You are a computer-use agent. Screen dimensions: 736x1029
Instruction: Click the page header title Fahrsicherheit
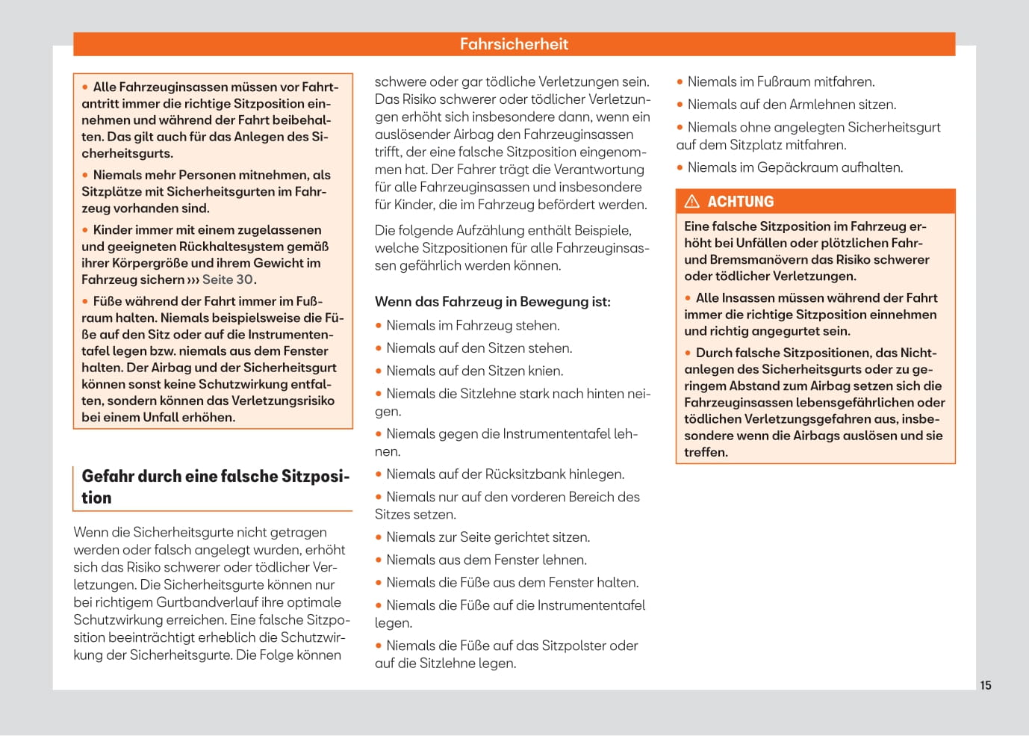coord(514,44)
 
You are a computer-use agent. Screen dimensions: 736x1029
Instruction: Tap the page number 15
coord(986,685)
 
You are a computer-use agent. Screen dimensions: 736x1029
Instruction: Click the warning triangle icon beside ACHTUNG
coord(692,201)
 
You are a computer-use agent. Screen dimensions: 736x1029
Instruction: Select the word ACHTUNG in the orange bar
coord(741,202)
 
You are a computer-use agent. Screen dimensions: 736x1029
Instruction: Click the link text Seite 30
coord(228,279)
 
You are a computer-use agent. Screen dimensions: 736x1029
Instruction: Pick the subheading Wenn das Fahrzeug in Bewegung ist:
coord(493,302)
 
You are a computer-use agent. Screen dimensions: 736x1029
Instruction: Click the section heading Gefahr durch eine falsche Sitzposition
coord(215,486)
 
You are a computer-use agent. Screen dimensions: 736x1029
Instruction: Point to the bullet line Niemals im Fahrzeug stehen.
coord(473,326)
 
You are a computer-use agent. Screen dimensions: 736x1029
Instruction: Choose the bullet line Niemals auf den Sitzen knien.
coord(475,371)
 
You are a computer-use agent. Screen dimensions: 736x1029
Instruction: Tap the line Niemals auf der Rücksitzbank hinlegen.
coord(505,474)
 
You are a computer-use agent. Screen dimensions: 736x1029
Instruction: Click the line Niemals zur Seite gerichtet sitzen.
coord(488,537)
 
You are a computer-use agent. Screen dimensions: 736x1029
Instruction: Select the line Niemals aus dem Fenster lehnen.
coord(486,560)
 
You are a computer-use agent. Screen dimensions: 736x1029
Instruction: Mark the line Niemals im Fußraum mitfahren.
coord(780,82)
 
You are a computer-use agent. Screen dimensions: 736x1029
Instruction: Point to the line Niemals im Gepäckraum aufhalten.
coord(795,168)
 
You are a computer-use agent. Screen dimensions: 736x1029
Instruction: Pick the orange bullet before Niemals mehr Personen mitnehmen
coord(85,176)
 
